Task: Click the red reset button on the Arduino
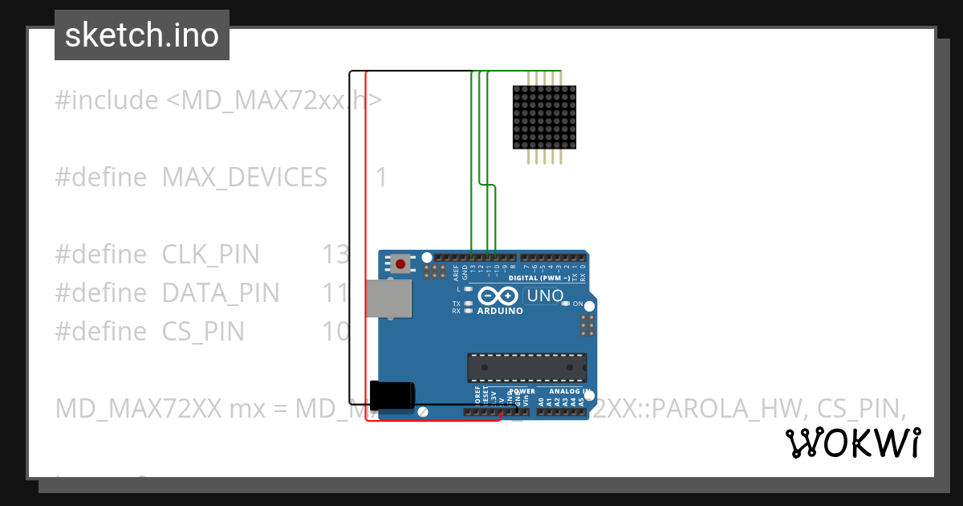(x=400, y=263)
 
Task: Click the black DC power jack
(x=392, y=396)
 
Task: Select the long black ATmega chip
(x=526, y=366)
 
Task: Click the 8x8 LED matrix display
(x=543, y=117)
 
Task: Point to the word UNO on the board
(x=545, y=296)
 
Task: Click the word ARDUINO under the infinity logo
(x=500, y=311)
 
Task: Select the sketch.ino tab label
(x=142, y=35)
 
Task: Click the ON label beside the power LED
(x=578, y=304)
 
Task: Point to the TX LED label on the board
(x=457, y=304)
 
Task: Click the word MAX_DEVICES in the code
(x=245, y=177)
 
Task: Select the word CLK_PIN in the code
(x=211, y=255)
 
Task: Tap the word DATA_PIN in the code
(x=221, y=293)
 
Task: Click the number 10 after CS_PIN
(x=335, y=331)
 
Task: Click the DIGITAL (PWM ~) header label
(x=550, y=278)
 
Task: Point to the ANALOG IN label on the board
(x=571, y=391)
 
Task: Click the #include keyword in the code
(x=107, y=100)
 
